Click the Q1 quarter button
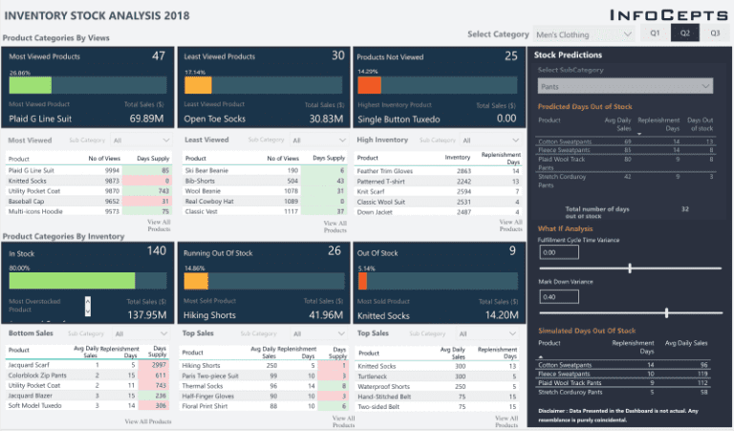[655, 33]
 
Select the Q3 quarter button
[714, 33]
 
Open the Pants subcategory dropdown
[624, 86]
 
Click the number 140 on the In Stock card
[156, 250]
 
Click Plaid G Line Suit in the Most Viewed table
[32, 170]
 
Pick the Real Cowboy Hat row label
[209, 200]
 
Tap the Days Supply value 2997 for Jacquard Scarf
[159, 365]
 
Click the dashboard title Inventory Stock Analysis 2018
[97, 15]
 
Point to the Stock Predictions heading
[568, 55]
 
